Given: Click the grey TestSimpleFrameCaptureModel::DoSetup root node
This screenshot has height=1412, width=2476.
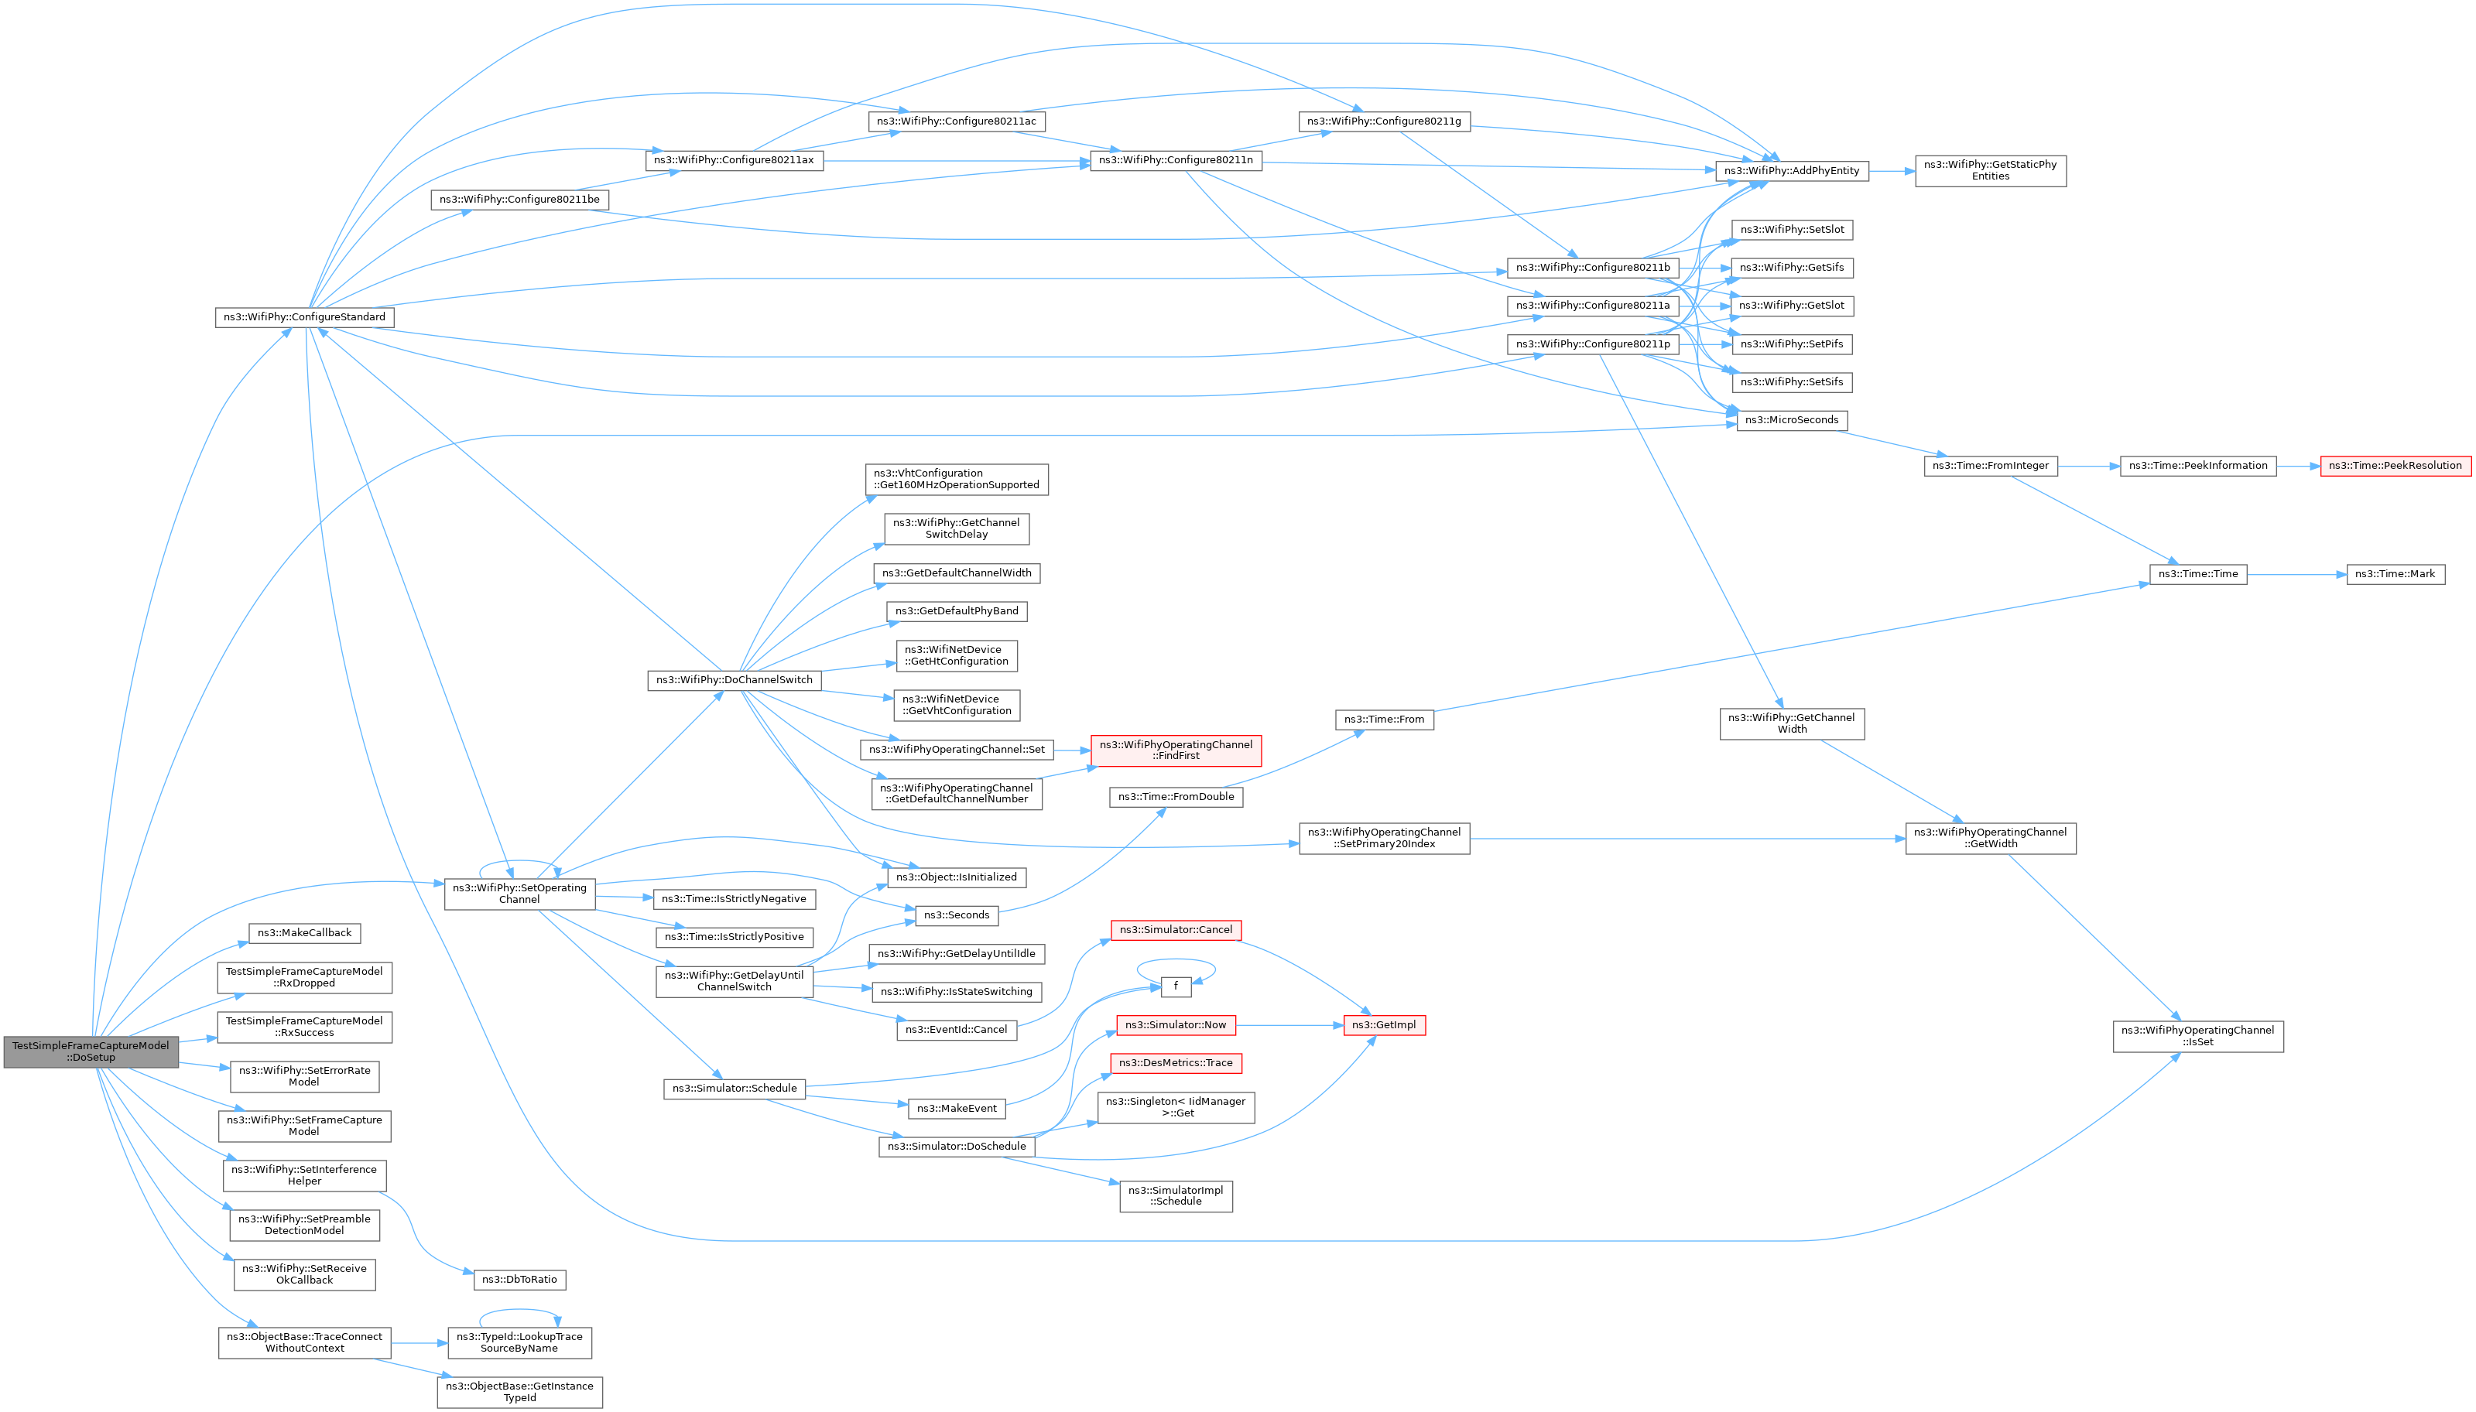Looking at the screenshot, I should coord(91,1051).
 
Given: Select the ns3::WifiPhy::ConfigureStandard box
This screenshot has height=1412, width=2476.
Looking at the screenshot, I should coord(303,317).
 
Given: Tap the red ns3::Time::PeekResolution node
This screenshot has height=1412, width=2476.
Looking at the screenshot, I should coord(2395,466).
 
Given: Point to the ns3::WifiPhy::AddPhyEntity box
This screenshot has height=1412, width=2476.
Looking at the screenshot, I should coord(1790,171).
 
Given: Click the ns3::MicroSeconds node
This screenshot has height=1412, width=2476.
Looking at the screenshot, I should coord(1790,420).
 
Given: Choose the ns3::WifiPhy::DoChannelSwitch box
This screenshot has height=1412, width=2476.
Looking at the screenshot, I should coord(733,680).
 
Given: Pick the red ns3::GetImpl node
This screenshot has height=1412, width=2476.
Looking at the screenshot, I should coord(1384,1025).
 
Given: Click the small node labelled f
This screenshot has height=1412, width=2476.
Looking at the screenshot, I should coord(1176,986).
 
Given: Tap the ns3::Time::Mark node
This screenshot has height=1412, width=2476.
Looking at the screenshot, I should coord(2395,574).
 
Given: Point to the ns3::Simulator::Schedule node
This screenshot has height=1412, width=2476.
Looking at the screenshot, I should coord(735,1088).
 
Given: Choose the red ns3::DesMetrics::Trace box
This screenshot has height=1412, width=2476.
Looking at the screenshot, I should coord(1176,1063).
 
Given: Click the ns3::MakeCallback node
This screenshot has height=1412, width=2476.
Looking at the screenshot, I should coord(304,933).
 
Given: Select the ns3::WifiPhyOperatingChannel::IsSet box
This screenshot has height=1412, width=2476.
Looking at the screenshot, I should coord(2197,1036).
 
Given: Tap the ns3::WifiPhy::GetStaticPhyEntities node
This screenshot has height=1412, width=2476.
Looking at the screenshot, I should coord(1989,171).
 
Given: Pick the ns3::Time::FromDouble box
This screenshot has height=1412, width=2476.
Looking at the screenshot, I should coord(1176,796).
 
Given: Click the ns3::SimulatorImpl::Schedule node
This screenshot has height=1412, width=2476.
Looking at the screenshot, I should coord(1176,1195).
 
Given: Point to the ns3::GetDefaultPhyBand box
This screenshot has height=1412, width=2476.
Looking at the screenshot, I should coord(956,611).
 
